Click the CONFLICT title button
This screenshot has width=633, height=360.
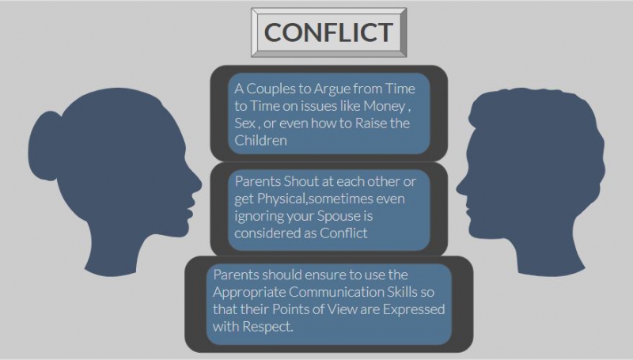pos(328,32)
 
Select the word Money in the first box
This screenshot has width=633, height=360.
pos(385,106)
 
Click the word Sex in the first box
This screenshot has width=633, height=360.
pos(244,123)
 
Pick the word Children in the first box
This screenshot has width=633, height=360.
pos(261,141)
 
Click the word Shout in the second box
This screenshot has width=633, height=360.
pos(301,182)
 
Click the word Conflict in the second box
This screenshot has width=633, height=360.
pos(343,233)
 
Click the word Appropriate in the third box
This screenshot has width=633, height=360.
pos(249,293)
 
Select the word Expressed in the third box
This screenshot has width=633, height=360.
pos(414,309)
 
